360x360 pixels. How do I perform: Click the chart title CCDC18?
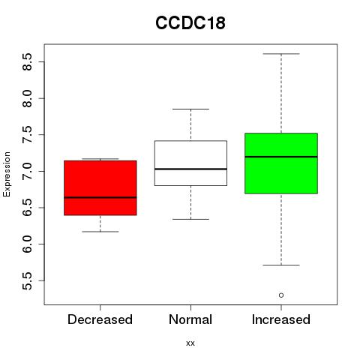coord(190,22)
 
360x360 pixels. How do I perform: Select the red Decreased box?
coord(100,187)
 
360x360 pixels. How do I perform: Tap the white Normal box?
coord(190,163)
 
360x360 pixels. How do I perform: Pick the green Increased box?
coord(281,163)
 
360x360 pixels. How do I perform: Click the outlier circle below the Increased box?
coord(281,295)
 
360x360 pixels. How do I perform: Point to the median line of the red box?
coord(100,197)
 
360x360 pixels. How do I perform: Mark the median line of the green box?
coord(281,157)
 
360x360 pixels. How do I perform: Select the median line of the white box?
coord(190,169)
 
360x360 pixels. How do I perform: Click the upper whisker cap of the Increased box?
coord(281,54)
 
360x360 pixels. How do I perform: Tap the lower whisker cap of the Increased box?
coord(281,265)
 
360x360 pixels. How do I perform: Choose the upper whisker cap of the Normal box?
coord(190,109)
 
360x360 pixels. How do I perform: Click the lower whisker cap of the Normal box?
coord(190,219)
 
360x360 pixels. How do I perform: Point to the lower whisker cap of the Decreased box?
coord(100,232)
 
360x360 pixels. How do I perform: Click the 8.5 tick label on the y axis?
coord(27,61)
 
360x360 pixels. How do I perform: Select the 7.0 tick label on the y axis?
coord(27,171)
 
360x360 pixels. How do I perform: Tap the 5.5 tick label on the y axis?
coord(27,280)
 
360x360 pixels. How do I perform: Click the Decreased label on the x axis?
coord(100,319)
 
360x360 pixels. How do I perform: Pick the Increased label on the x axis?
coord(281,319)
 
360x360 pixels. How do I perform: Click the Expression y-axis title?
coord(7,174)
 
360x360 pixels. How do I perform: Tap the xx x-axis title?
coord(190,343)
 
